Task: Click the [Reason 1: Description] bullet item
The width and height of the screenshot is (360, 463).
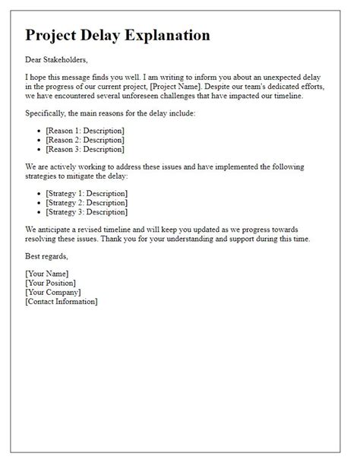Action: [85, 130]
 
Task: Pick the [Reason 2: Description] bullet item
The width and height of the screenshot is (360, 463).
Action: [85, 140]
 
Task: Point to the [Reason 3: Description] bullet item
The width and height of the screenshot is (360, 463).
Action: [85, 150]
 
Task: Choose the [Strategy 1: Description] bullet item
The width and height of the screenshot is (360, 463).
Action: [87, 194]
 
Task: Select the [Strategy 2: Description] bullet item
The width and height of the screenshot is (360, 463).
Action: [87, 204]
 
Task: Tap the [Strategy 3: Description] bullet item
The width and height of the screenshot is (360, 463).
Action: [87, 214]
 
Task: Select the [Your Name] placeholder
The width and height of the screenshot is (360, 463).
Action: [47, 273]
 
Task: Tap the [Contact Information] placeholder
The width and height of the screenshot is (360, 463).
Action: [62, 302]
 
